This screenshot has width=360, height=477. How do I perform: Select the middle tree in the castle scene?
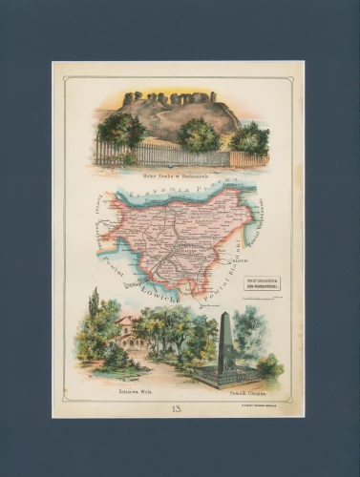click(x=199, y=135)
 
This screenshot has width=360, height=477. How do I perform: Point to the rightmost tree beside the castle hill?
click(x=250, y=138)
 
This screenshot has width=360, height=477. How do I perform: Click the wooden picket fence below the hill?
click(x=172, y=155)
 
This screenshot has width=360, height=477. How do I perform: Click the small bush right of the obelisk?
click(x=270, y=365)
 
